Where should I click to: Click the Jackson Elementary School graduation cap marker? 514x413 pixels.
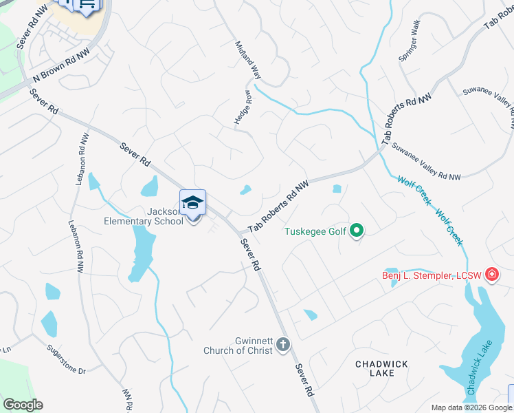tap(193, 203)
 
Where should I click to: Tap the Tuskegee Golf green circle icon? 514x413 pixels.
tap(356, 231)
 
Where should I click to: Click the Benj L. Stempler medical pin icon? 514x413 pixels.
tap(491, 275)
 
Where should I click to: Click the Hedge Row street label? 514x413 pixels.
tap(243, 107)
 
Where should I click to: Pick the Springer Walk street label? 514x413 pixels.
tap(410, 41)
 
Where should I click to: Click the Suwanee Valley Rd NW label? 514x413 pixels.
tap(426, 162)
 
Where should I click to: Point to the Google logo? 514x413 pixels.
tap(23, 405)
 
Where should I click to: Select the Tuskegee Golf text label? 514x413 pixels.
tap(316, 231)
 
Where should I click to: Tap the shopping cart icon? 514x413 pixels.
tap(87, 6)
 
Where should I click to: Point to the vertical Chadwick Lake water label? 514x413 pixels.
tap(475, 371)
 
